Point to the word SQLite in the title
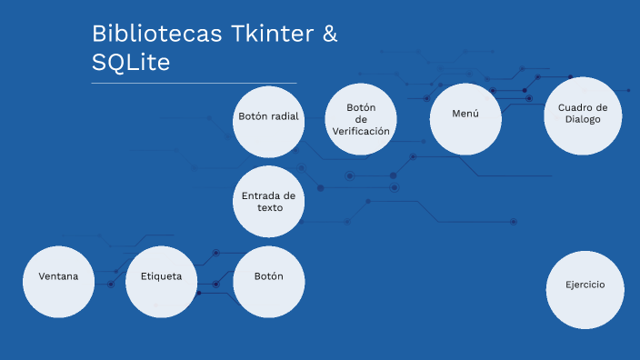130,64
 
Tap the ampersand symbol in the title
328,35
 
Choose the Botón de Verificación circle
361,119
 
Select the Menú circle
465,118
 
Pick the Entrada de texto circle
269,201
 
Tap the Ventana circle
58,282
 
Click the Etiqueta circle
161,282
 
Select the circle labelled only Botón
268,282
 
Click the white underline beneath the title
194,83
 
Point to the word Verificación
361,131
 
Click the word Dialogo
582,119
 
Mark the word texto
269,207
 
